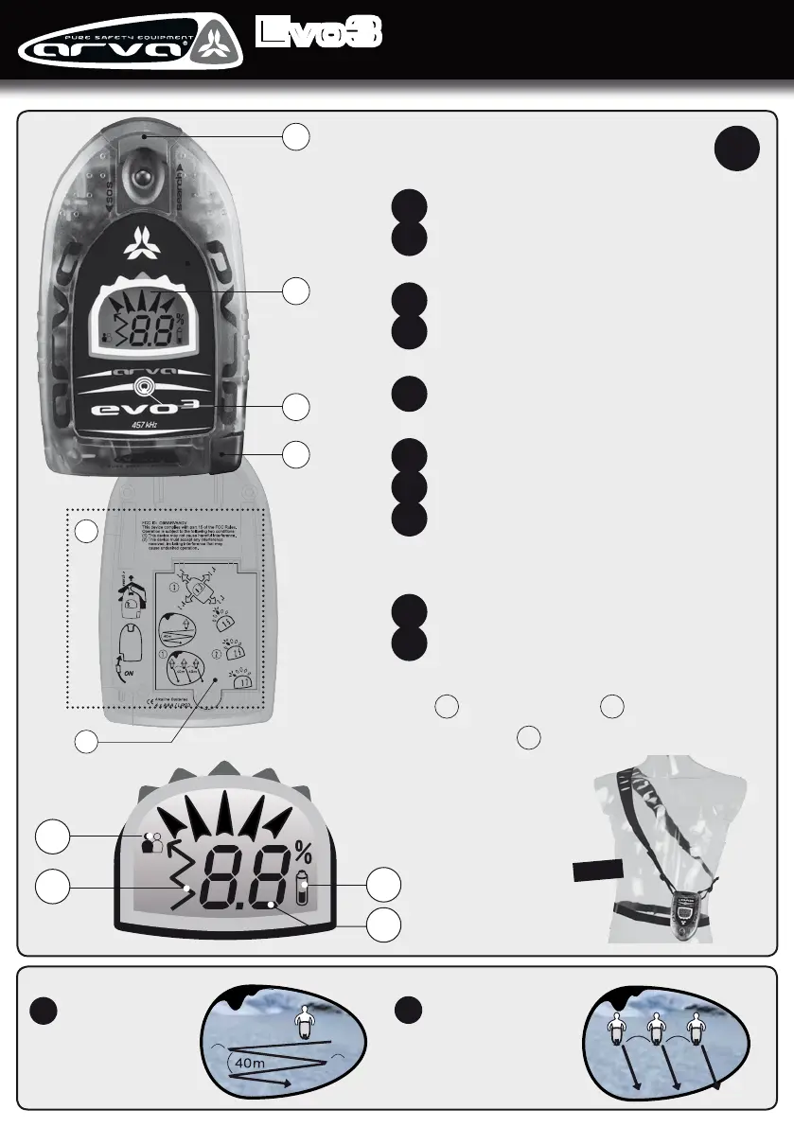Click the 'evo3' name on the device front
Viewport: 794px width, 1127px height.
[x=142, y=410]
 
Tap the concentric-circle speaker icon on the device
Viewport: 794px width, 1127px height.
[x=143, y=386]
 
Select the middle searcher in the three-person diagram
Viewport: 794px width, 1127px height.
[x=655, y=1030]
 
